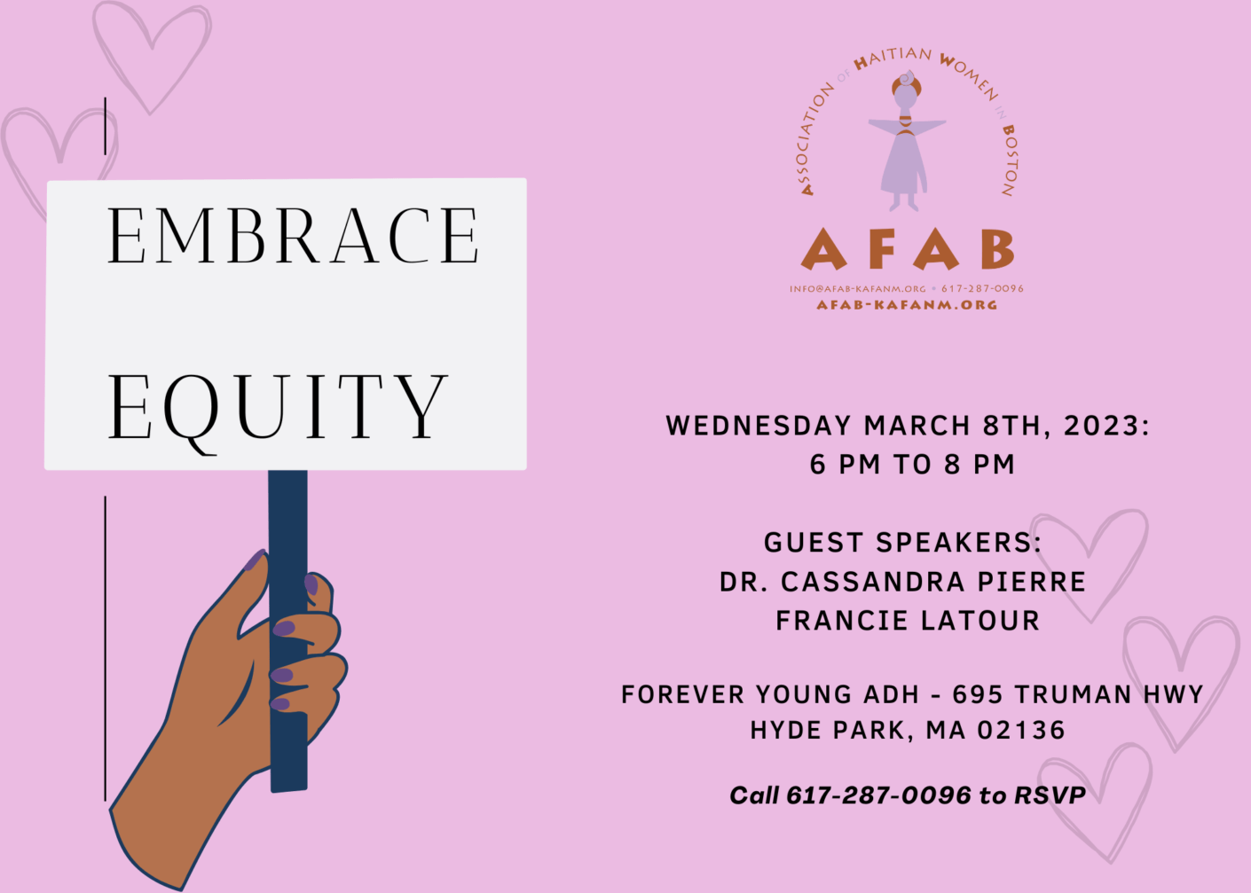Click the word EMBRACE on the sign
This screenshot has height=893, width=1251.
[293, 236]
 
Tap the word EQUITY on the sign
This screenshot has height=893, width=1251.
[277, 407]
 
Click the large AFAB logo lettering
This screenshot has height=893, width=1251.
[907, 249]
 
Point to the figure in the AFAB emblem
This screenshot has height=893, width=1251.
[906, 142]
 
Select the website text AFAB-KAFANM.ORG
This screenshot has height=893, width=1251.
[907, 305]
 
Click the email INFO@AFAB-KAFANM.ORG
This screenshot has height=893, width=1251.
[857, 289]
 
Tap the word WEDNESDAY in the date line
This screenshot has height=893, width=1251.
[759, 426]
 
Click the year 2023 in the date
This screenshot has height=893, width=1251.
[1101, 426]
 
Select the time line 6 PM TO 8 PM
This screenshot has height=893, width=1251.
[912, 465]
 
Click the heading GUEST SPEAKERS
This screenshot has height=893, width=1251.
[902, 543]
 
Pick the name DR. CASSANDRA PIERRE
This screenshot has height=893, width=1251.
[902, 582]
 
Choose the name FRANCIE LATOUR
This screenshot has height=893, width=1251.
[907, 621]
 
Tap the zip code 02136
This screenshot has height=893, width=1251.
[1020, 731]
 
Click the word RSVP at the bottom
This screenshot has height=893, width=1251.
[1050, 795]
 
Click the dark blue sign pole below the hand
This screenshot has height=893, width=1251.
[288, 763]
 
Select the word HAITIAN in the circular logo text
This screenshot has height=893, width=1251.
[892, 58]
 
